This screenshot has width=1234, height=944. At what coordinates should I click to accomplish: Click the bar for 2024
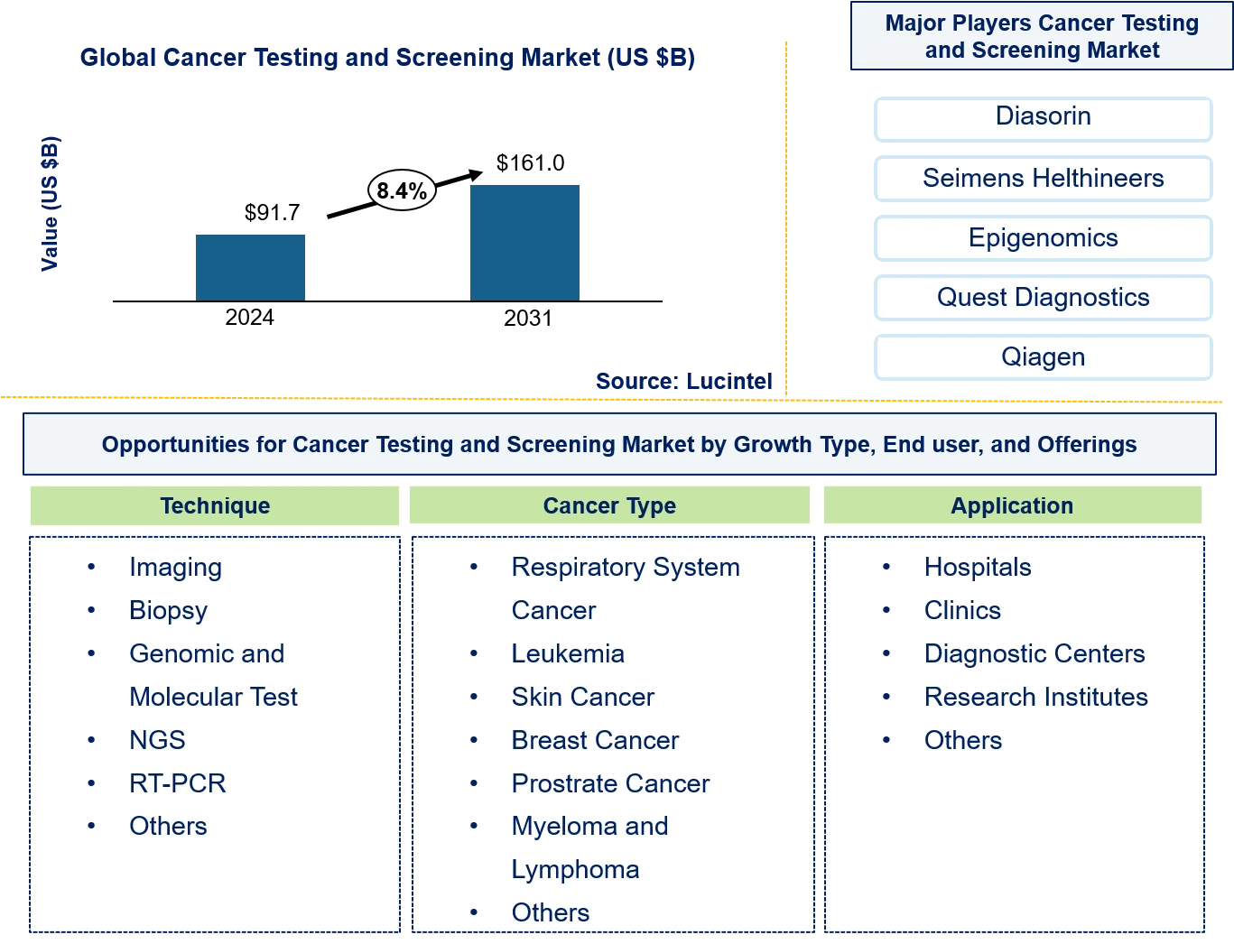tap(250, 267)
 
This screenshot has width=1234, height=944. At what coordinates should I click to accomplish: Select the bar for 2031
tap(524, 243)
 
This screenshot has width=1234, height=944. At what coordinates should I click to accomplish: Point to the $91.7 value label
tap(272, 212)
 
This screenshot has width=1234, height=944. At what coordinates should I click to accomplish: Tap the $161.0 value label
tap(530, 163)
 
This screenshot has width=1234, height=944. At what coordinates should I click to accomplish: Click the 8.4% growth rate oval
tap(402, 190)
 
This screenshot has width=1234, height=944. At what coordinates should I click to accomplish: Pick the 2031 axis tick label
tap(527, 318)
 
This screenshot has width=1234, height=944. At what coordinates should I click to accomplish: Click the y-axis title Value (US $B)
tap(50, 204)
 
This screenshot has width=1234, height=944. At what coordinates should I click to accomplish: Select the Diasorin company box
tap(1043, 118)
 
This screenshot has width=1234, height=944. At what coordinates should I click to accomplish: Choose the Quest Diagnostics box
tap(1043, 297)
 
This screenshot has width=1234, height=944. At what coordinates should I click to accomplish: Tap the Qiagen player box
tap(1043, 356)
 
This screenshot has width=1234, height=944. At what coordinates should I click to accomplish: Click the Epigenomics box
tap(1043, 237)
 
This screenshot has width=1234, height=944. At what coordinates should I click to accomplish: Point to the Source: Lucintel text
tap(683, 381)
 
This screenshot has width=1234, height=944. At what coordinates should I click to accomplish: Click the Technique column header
tap(215, 505)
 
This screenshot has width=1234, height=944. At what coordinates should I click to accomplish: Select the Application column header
tap(1013, 505)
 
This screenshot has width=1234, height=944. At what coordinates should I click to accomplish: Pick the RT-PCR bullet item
tap(178, 783)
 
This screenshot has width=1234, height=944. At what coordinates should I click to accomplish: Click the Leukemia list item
tap(568, 653)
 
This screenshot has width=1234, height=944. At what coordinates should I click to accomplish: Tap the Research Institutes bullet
tap(1036, 697)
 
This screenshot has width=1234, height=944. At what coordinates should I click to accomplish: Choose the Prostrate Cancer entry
tap(610, 783)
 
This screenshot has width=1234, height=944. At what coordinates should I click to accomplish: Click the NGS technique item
tap(157, 740)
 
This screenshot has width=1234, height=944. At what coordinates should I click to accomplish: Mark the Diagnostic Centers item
tap(1035, 653)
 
